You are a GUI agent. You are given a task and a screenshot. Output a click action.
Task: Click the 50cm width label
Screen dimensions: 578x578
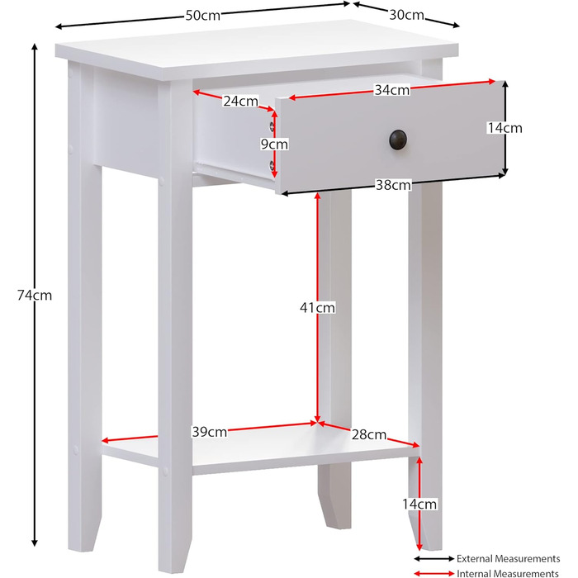[x=203, y=16]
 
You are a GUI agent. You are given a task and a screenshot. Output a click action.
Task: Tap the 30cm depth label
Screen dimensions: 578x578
[x=406, y=15]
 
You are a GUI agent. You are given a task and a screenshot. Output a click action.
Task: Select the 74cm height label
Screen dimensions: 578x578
[x=35, y=296]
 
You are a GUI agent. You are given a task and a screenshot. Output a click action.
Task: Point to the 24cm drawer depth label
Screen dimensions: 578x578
[x=241, y=101]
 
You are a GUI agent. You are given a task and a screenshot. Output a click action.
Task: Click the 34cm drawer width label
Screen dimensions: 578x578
[x=392, y=89]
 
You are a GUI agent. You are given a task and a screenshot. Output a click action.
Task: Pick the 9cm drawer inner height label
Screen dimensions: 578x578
[x=274, y=144]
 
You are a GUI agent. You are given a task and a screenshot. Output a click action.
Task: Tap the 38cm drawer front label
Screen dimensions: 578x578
[x=393, y=185]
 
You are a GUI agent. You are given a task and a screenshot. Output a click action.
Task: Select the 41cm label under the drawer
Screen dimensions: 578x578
[x=317, y=307]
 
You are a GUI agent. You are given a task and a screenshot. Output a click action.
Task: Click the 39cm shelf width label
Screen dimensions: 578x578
[x=210, y=432]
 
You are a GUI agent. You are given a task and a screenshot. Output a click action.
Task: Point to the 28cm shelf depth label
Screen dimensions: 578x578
[x=368, y=435]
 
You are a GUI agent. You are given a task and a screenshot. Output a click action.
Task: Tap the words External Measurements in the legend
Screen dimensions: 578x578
[x=509, y=559]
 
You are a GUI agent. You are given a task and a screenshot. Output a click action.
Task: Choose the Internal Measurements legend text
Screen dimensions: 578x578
[x=508, y=573]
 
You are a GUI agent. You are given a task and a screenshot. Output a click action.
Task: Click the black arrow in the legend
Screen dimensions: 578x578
[x=434, y=559]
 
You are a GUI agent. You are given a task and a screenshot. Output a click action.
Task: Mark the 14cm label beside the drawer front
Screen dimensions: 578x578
[x=505, y=128]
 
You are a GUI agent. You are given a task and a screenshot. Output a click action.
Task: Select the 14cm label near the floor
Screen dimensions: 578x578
[x=419, y=504]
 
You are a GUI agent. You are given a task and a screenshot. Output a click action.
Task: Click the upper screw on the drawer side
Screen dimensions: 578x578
[x=272, y=126]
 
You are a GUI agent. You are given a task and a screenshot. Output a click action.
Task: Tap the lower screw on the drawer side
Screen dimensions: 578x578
[x=272, y=165]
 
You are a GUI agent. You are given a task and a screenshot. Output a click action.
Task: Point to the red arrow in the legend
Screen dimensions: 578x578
[x=434, y=573]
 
